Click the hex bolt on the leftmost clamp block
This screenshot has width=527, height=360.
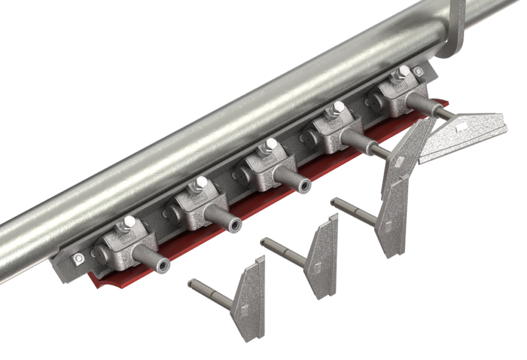[x=129, y=222]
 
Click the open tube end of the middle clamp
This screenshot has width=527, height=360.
[x=304, y=186]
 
